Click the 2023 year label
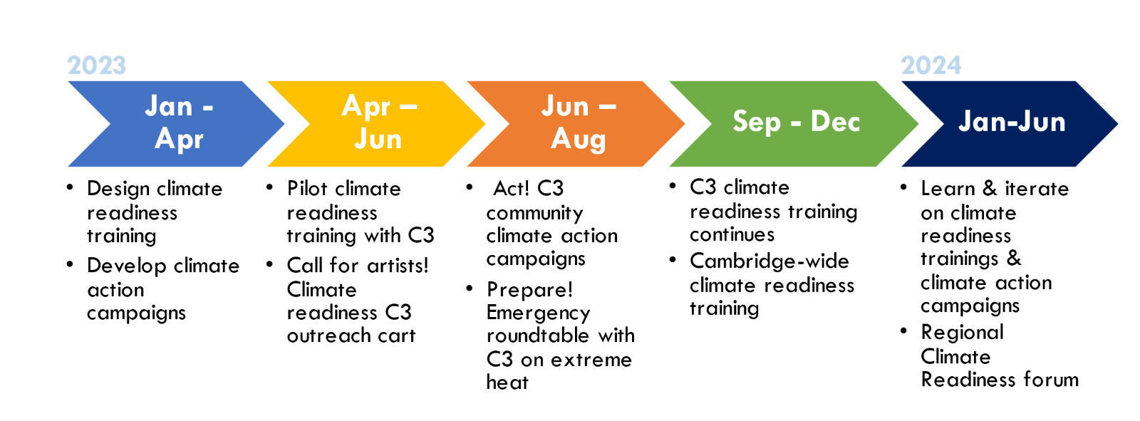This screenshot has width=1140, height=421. pos(97,65)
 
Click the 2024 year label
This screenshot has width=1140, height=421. pos(931,65)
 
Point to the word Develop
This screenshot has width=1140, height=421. pos(127,266)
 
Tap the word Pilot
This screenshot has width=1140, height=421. pos(307,188)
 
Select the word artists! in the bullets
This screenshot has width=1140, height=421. pos(398,265)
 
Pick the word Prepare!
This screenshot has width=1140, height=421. pos(530,291)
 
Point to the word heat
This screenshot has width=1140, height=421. pos(507,382)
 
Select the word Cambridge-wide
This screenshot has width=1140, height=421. pos(769,261)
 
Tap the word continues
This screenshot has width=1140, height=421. pos(732,234)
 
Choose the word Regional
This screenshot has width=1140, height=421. pos(963,333)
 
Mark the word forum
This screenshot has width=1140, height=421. pos(1051,379)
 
